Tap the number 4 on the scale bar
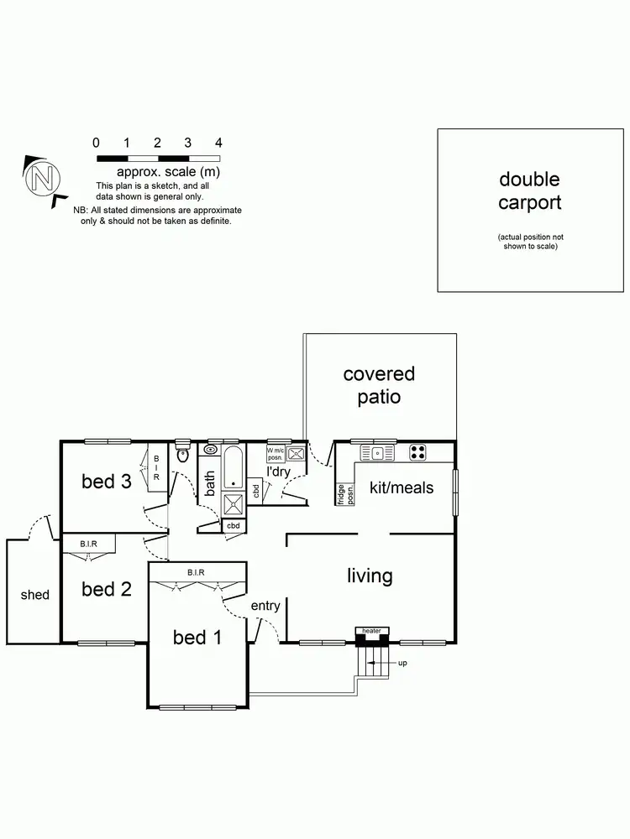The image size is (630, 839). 218,143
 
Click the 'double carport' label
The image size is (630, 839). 529,190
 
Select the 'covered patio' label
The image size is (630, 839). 378,385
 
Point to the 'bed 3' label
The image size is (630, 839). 107,482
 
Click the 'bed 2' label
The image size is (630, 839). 107,589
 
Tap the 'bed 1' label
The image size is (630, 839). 197,638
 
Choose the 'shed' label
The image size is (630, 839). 34,595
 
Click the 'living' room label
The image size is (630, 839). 370,576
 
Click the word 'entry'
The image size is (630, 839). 265,606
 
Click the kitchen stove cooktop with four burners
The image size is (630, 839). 418,453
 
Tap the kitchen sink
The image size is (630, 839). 378,453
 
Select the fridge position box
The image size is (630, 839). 345,493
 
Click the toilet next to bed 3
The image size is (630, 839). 183,454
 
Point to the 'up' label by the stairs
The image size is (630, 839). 402,663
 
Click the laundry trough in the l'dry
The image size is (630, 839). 297,454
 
